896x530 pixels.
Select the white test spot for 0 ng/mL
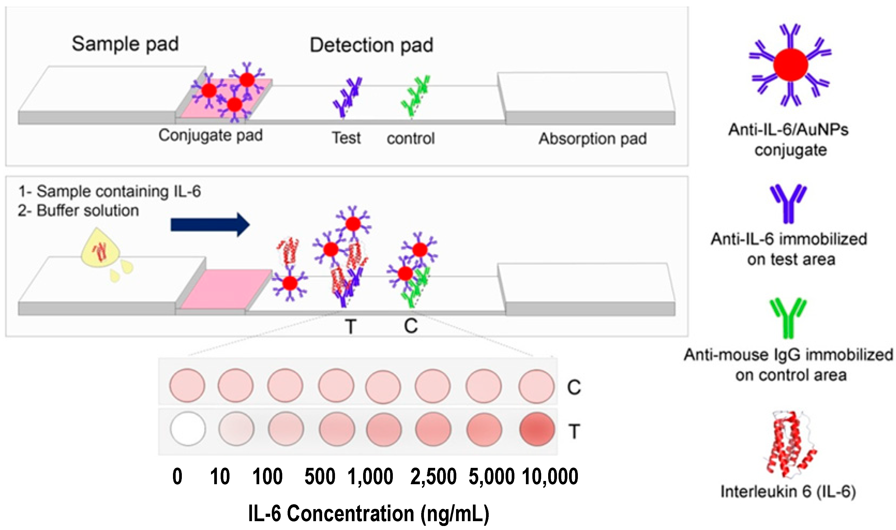(188, 429)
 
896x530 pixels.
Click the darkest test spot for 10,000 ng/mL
(537, 429)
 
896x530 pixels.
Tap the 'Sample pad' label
(125, 44)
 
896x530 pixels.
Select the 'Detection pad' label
(371, 45)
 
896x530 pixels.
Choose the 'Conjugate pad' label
(210, 135)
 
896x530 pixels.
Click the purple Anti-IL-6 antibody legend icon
(788, 204)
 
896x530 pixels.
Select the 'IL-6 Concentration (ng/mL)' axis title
(368, 514)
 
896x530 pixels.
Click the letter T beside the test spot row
(574, 431)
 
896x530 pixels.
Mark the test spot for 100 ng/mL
(286, 429)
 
